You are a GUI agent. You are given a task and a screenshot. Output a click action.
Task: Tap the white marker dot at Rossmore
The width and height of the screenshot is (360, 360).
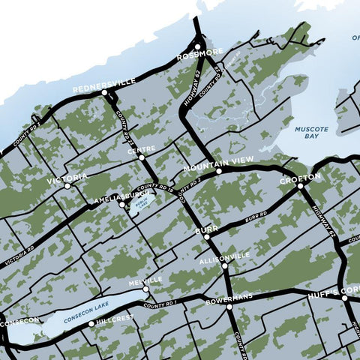[x=198, y=46]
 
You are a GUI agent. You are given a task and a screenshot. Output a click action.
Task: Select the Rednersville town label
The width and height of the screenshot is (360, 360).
[x=104, y=82]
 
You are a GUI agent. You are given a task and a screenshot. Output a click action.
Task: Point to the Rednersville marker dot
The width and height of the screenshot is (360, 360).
[x=105, y=93]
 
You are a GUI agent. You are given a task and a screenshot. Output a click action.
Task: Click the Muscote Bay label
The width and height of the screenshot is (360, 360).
[x=311, y=133]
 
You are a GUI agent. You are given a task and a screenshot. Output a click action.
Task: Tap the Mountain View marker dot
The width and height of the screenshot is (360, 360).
[x=219, y=172]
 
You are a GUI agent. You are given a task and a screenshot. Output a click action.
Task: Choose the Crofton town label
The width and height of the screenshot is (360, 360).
[x=300, y=178]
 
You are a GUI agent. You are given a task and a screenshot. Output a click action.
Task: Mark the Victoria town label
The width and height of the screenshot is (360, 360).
[x=67, y=179]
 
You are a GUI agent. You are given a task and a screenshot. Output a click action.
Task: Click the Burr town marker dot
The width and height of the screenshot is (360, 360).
[x=207, y=237]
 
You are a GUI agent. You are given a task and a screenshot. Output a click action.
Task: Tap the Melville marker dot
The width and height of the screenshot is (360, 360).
[x=147, y=289]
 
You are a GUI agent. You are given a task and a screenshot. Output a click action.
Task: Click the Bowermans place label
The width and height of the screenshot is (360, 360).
[x=229, y=298]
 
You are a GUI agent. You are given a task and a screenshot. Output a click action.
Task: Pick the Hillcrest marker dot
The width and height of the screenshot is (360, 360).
[x=91, y=324]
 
